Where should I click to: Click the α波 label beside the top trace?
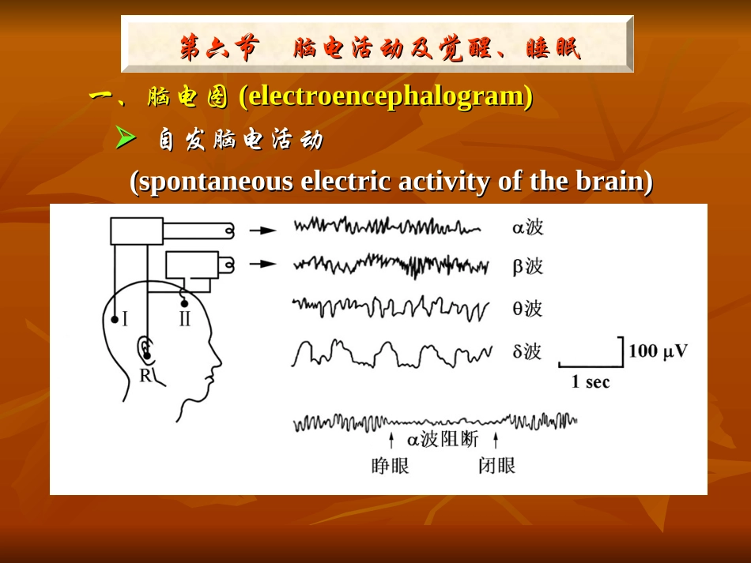527,228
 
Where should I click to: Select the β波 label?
527,267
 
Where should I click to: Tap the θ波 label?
527,309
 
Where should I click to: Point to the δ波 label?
527,351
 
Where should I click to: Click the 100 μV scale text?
658,351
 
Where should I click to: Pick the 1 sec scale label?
591,382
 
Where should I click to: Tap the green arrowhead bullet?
126,138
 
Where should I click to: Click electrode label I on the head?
126,320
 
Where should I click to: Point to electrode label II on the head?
184,320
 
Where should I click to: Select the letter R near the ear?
145,375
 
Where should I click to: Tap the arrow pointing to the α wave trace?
262,231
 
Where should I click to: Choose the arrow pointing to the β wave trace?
262,265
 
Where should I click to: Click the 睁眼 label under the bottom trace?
390,466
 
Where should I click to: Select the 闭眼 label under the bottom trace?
496,466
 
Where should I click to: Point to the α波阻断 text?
442,439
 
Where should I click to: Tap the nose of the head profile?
217,364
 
